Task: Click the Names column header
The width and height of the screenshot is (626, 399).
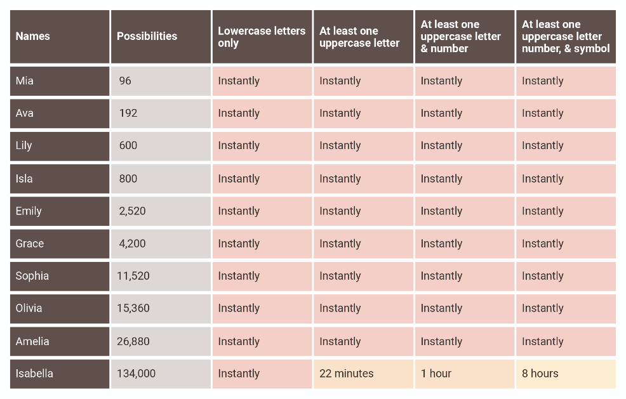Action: click(32, 37)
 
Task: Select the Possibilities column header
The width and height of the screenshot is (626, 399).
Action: click(147, 37)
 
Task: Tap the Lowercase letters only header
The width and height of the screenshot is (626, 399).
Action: click(262, 37)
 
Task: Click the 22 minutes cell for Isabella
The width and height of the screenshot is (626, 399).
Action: click(347, 374)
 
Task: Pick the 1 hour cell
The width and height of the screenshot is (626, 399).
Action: click(436, 374)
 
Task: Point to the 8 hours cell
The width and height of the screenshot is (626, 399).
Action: click(540, 374)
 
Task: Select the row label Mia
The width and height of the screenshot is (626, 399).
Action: click(25, 81)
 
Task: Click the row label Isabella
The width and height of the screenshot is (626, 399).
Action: click(34, 374)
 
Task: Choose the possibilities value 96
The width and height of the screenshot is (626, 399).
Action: click(125, 81)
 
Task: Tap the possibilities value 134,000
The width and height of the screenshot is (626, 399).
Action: click(136, 374)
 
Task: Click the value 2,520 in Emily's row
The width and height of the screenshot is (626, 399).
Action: click(132, 211)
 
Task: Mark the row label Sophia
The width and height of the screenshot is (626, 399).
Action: click(32, 276)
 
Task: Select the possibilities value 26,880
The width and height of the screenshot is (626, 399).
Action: click(133, 341)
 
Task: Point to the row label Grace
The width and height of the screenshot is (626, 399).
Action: click(30, 244)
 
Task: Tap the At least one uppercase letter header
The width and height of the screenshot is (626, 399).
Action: click(359, 37)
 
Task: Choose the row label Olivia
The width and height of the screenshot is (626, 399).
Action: click(29, 308)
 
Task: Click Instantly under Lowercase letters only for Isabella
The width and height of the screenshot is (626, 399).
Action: click(239, 374)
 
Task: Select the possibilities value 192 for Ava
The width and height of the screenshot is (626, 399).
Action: click(128, 114)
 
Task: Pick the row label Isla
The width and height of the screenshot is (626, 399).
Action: click(24, 179)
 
